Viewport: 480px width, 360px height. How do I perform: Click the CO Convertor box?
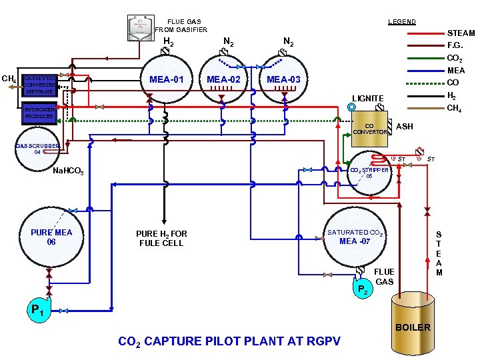[x=369, y=129]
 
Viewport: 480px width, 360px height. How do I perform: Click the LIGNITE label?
[x=368, y=98]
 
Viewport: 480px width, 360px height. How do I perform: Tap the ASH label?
[x=405, y=126]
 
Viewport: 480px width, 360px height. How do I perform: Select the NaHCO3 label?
[x=67, y=172]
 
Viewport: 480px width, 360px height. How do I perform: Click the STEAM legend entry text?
[x=461, y=33]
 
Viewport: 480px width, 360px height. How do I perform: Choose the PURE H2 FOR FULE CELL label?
[x=161, y=239]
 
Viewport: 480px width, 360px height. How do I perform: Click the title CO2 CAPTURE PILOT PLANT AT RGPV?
[x=229, y=341]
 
